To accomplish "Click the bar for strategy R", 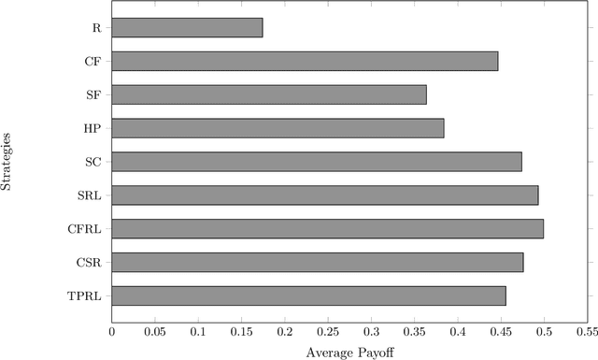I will tap(187, 28).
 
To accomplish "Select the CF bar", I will tap(305, 62).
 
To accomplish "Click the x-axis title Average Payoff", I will tap(349, 352).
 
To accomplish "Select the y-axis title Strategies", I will tap(7, 162).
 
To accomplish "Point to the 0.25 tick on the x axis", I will tap(328, 331).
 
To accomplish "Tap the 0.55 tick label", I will tap(587, 331).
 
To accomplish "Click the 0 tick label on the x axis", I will tap(112, 331).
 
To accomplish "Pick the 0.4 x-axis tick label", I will tap(458, 331).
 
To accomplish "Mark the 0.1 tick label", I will tap(198, 331).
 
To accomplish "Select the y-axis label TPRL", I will tap(88, 295).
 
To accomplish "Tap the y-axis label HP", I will tap(94, 128).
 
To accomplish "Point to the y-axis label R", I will tap(97, 28).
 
